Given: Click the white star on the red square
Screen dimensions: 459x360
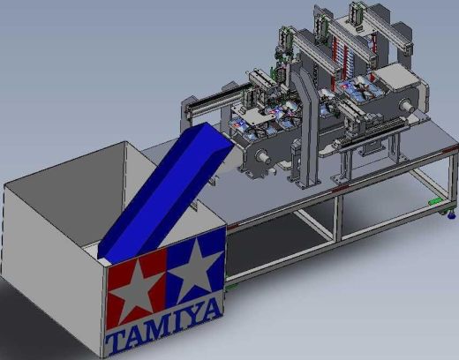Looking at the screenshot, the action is point(136,287).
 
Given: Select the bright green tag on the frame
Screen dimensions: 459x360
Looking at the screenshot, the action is point(435,201).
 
